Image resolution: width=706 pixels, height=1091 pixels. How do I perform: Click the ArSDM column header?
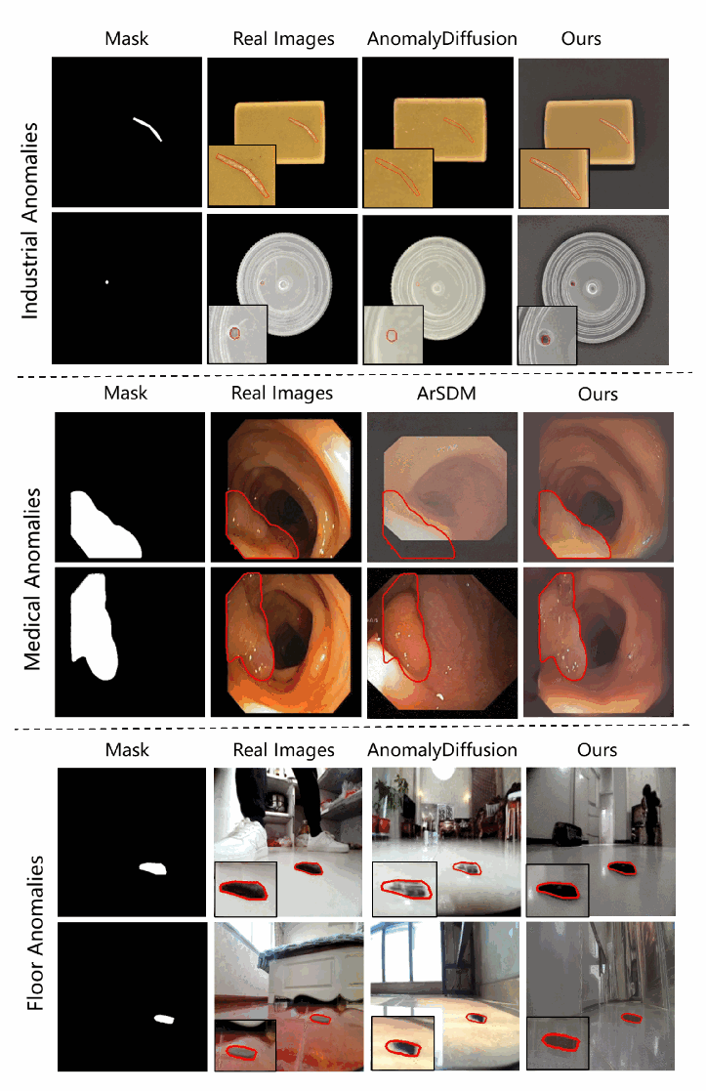(446, 393)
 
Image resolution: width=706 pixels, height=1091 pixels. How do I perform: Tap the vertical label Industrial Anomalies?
(29, 221)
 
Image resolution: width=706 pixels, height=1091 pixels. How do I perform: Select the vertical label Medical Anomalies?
(32, 579)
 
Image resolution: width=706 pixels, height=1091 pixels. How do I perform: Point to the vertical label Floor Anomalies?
(35, 933)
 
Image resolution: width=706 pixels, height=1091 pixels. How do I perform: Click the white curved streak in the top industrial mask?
(147, 127)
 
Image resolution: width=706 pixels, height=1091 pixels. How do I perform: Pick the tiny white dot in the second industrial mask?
(106, 282)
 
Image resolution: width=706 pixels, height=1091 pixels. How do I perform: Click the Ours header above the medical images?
(598, 394)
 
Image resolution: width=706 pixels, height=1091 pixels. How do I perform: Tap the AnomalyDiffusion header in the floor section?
(442, 749)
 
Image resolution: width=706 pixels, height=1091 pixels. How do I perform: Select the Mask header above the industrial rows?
(127, 38)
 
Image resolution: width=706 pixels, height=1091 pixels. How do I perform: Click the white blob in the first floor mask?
(153, 867)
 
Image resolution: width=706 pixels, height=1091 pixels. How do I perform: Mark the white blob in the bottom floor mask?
(164, 1020)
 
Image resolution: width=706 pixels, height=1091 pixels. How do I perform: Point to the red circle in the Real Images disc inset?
(235, 333)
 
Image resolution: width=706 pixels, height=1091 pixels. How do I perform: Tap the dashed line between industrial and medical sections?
(354, 375)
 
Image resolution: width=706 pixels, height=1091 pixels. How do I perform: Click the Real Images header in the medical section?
(282, 393)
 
